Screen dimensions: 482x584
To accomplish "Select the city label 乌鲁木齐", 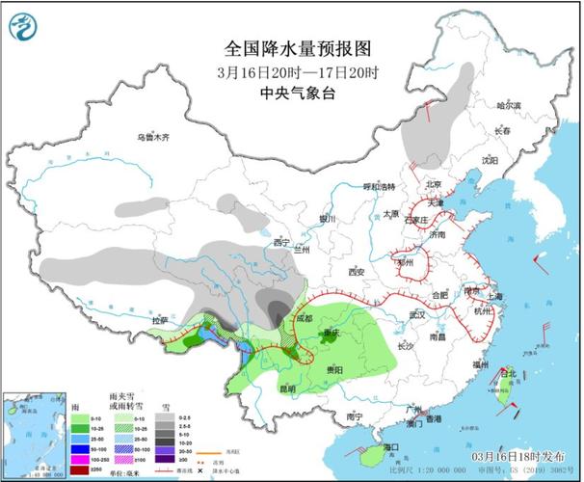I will pos(153,138).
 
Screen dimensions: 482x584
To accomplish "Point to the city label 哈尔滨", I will pos(508,105).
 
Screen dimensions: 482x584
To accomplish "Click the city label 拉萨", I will pos(160,319).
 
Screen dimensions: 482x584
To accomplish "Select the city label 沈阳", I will pos(491,160).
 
